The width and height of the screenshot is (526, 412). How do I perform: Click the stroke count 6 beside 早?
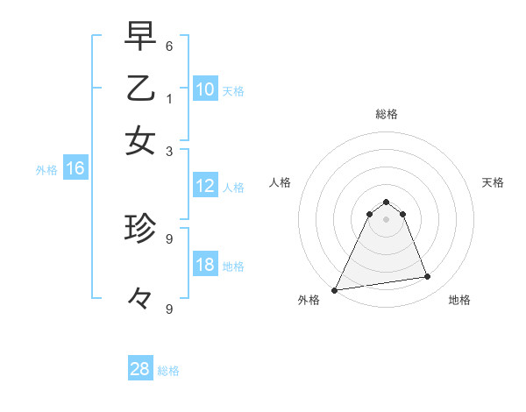coord(169,46)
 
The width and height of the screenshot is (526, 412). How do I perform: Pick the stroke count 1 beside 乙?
coord(169,98)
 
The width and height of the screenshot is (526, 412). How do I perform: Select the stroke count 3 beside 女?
coord(169,150)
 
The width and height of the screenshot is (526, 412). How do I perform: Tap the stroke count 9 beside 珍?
coord(169,238)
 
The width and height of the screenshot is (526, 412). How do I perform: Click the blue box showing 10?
coord(204,89)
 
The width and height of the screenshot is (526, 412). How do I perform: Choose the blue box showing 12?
coord(204,186)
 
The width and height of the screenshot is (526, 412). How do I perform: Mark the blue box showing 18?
coord(204,266)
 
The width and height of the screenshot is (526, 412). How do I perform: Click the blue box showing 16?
coord(75,169)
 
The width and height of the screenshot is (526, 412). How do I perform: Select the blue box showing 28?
coord(140,369)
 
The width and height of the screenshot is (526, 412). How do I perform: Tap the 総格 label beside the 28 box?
coord(168,371)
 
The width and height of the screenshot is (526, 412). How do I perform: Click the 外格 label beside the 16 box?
coord(46,170)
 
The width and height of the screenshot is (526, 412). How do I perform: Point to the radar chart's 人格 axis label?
coord(281,182)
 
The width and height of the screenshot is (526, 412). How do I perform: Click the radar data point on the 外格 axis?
coord(335,289)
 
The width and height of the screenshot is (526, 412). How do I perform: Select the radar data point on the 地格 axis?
coord(428,277)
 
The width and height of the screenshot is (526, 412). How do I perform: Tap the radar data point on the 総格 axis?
coord(386,202)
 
